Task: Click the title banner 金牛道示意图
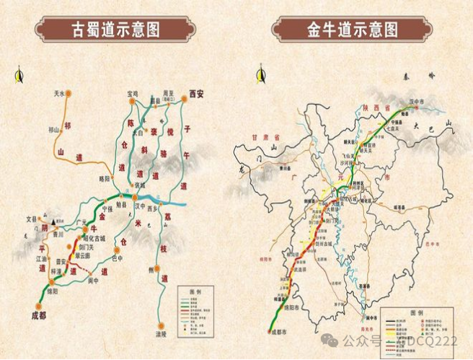[352, 30]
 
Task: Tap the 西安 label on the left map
[196, 93]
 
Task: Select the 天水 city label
[59, 94]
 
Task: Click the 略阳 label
[106, 177]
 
